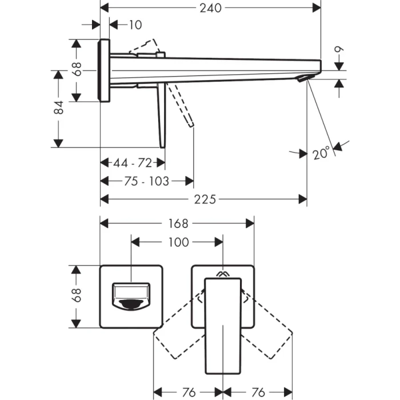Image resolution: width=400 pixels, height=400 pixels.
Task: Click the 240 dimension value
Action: point(211,8)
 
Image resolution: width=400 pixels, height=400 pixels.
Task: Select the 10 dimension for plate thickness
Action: point(135,25)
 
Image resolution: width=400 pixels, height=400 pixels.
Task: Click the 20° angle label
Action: point(322,154)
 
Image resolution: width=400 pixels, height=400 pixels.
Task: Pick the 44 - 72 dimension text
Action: point(132,163)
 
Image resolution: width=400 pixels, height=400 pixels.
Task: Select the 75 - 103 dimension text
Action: point(146,181)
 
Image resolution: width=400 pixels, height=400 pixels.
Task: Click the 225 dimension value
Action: point(205,199)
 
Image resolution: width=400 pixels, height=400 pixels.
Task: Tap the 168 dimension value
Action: point(178,223)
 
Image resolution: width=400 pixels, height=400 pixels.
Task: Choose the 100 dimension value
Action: point(178,242)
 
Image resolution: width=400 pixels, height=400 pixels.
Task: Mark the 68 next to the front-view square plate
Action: point(77,296)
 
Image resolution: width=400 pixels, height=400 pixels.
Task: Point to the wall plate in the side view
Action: point(105,70)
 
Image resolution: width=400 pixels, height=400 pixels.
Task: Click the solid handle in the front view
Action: point(222,323)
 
